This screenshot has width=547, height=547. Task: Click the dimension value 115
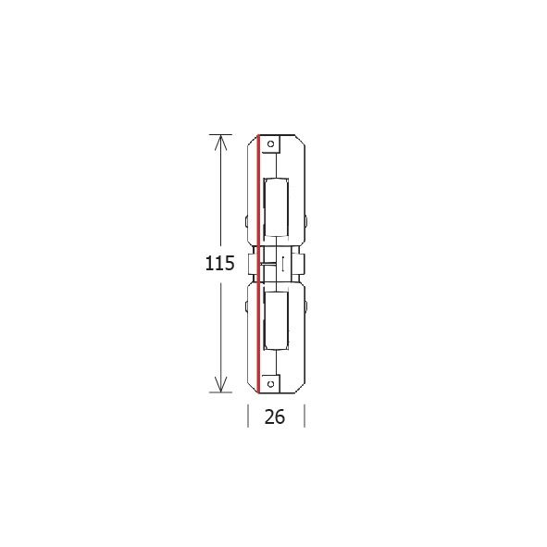click(219, 263)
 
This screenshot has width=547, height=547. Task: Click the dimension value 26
click(275, 416)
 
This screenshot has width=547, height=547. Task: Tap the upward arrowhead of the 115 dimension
click(220, 143)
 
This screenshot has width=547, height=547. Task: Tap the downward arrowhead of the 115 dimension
click(220, 384)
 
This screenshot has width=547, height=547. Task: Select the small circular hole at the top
click(270, 143)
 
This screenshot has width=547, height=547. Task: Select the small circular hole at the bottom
click(270, 384)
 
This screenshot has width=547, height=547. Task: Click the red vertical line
click(258, 264)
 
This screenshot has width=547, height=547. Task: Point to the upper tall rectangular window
click(276, 208)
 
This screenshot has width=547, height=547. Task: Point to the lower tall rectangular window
click(276, 320)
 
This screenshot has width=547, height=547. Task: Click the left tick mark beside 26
click(248, 416)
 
